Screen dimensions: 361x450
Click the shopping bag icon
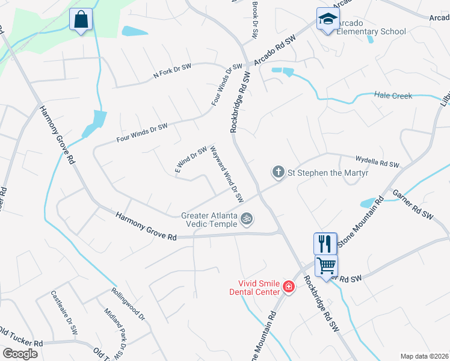pos(81,20)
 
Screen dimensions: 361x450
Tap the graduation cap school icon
pos(328,19)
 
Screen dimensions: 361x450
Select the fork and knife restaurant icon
pos(325,244)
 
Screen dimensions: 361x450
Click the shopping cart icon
pos(326,265)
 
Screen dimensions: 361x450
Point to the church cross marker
pos(279,173)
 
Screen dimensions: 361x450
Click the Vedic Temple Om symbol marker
pos(245,218)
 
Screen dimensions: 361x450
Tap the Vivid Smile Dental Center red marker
pos(289,287)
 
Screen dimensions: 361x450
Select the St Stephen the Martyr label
pos(328,173)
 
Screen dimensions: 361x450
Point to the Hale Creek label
pos(393,95)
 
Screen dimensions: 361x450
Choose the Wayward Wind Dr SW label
pos(226,174)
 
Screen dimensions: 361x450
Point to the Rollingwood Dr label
pos(129,304)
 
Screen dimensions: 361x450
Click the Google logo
pos(20,354)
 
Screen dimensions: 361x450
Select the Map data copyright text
pos(424,356)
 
